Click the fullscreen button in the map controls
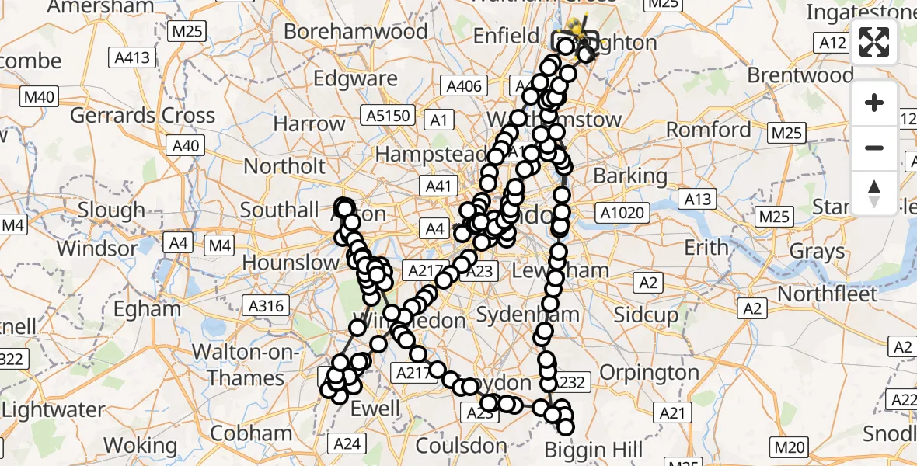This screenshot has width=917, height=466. point(874,42)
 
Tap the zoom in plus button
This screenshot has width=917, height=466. point(874,103)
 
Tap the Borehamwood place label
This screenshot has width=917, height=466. point(355,32)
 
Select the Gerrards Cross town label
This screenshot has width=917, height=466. point(142,116)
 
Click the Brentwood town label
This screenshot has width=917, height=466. point(800,75)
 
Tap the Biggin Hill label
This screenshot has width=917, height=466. point(594,450)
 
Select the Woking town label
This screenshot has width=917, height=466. point(140,445)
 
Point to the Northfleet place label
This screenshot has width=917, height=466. point(827,294)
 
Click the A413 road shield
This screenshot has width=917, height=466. point(134,57)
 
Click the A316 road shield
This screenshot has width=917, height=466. point(265,306)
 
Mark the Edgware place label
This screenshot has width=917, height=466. point(356,79)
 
